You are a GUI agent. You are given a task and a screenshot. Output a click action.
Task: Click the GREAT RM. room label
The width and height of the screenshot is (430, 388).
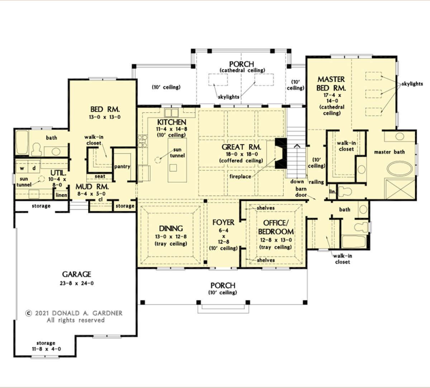pos(241,147)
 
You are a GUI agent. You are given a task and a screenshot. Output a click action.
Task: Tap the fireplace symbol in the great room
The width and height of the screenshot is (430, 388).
pos(281,153)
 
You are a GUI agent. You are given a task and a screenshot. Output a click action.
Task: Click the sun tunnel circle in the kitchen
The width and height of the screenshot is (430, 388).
pos(158,160)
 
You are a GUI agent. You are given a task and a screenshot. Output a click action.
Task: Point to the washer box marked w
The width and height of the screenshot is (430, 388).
pos(22,169)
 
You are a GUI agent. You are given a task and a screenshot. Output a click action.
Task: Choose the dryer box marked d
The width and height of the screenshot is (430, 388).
pos(34,169)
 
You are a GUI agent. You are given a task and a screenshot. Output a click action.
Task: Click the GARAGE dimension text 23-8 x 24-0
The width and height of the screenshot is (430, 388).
pos(77,283)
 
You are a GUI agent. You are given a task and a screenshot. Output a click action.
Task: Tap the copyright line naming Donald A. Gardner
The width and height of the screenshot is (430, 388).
pos(74,313)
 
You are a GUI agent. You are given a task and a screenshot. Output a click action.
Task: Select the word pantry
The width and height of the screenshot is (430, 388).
pos(122,167)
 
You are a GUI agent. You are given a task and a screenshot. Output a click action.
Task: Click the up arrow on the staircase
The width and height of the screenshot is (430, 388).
pos(297,146)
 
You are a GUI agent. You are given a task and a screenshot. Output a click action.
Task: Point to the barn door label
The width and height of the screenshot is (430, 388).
pos(301,192)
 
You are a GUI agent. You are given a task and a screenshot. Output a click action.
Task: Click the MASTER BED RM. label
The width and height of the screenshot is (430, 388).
pos(331,84)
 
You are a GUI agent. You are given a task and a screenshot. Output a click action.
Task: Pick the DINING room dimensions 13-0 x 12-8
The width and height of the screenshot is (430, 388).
pos(171,237)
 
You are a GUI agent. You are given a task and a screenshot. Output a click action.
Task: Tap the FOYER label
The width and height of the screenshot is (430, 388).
pos(223,223)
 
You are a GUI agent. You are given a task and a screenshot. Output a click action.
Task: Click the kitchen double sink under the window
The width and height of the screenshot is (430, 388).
pos(171,113)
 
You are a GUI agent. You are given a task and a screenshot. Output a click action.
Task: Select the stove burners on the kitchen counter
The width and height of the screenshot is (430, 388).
pos(143,141)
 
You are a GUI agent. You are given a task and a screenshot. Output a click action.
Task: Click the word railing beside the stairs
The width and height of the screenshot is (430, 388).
pos(316,182)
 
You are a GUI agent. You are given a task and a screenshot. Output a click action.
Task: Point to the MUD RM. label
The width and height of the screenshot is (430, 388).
pos(92,187)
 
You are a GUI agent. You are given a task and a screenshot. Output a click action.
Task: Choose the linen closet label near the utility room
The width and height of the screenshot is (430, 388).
pos(61,195)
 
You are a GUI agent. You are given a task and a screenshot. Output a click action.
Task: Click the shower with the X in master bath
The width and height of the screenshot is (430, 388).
pos(400,189)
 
